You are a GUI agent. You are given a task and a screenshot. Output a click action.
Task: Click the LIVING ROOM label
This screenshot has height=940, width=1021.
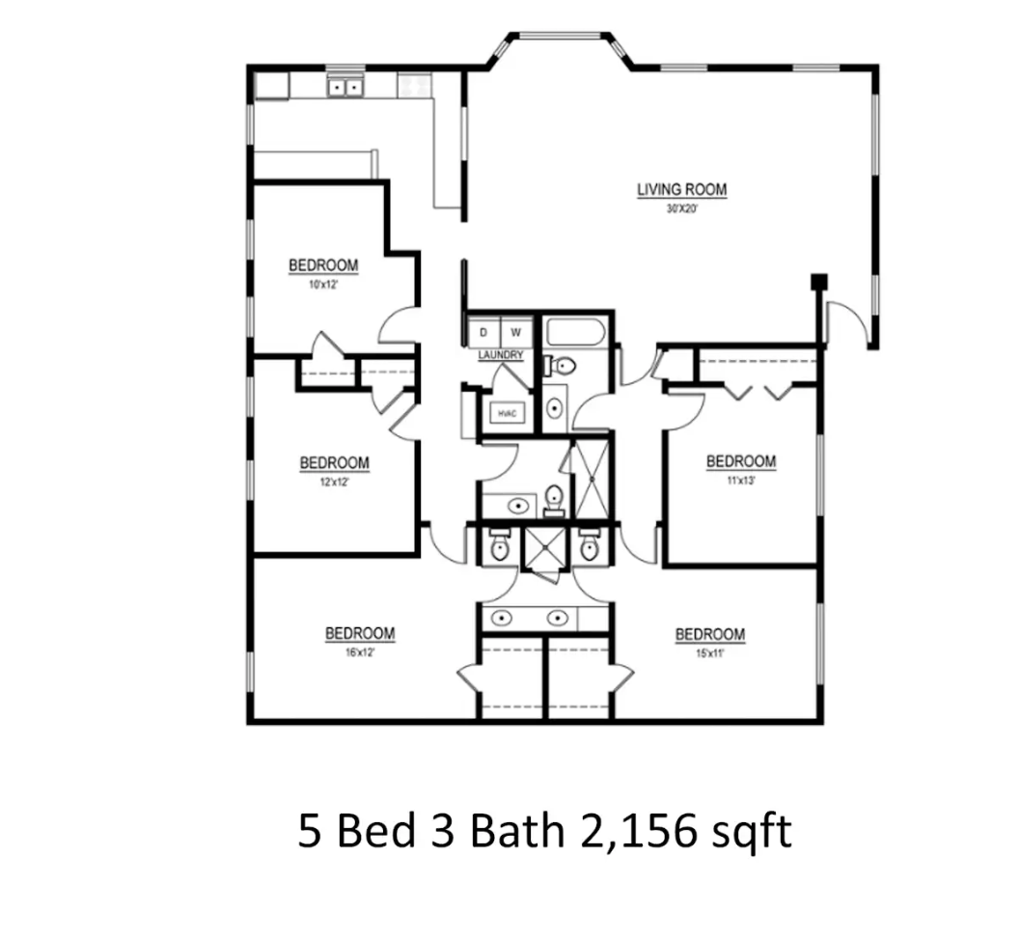681,189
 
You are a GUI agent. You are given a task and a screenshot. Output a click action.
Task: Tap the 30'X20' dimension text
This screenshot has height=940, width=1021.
681,209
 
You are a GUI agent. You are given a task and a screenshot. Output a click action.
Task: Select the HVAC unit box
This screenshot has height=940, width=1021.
508,413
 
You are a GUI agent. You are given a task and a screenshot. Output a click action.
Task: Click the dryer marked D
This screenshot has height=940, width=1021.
483,333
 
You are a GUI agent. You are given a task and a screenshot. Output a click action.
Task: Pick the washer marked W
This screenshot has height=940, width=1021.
516,333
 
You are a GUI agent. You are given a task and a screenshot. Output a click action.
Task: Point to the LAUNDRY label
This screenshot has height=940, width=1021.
501,355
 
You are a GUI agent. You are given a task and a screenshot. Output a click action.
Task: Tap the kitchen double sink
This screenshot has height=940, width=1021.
345,87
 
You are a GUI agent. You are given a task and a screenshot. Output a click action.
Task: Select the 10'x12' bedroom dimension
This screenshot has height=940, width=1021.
323,285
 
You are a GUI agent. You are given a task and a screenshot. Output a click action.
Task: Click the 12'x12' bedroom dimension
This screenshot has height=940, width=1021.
334,483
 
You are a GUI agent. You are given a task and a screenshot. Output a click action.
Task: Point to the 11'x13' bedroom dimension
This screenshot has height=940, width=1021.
741,481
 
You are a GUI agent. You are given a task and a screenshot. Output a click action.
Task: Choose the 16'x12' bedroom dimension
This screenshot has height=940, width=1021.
360,652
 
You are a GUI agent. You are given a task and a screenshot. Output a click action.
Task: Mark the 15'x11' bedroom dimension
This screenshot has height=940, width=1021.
709,653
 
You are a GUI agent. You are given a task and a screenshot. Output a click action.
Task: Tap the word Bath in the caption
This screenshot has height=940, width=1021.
517,831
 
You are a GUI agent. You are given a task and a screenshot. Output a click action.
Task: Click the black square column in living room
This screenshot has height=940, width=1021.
818,281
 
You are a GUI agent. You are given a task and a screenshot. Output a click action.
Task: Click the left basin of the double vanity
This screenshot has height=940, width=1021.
501,618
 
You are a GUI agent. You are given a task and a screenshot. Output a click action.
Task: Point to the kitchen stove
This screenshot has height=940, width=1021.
415,85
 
